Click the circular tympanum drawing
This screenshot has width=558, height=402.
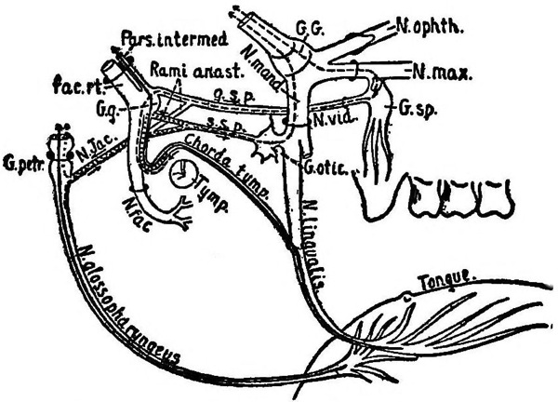point(183,173)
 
